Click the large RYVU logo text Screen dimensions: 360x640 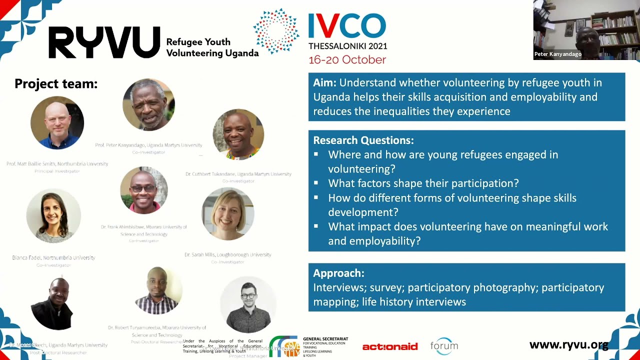(x=104, y=42)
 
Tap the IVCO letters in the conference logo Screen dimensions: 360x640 (x=347, y=26)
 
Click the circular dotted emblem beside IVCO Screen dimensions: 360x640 (x=275, y=31)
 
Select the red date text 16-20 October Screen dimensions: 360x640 (x=347, y=60)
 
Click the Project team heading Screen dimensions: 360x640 (x=56, y=84)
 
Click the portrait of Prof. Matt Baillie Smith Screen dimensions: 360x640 (x=57, y=123)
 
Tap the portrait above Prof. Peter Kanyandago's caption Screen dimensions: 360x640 (x=148, y=104)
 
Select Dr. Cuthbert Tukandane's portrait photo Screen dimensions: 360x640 (x=238, y=134)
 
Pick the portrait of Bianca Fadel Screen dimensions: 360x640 (x=53, y=215)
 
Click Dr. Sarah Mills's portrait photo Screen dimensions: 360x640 (x=227, y=214)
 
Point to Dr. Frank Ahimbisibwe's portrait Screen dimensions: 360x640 (x=144, y=190)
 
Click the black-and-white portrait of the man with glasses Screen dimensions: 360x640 (x=248, y=304)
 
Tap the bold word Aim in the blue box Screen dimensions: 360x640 (x=323, y=83)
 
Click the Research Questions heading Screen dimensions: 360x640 (x=363, y=140)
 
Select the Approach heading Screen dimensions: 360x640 (x=338, y=273)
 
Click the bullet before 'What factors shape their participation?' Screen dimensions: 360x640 (x=316, y=183)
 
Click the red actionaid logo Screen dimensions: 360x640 (x=389, y=346)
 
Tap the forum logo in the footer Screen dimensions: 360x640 (x=444, y=345)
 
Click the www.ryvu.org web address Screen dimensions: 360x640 (x=568, y=345)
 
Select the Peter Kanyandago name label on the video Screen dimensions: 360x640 (x=557, y=54)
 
